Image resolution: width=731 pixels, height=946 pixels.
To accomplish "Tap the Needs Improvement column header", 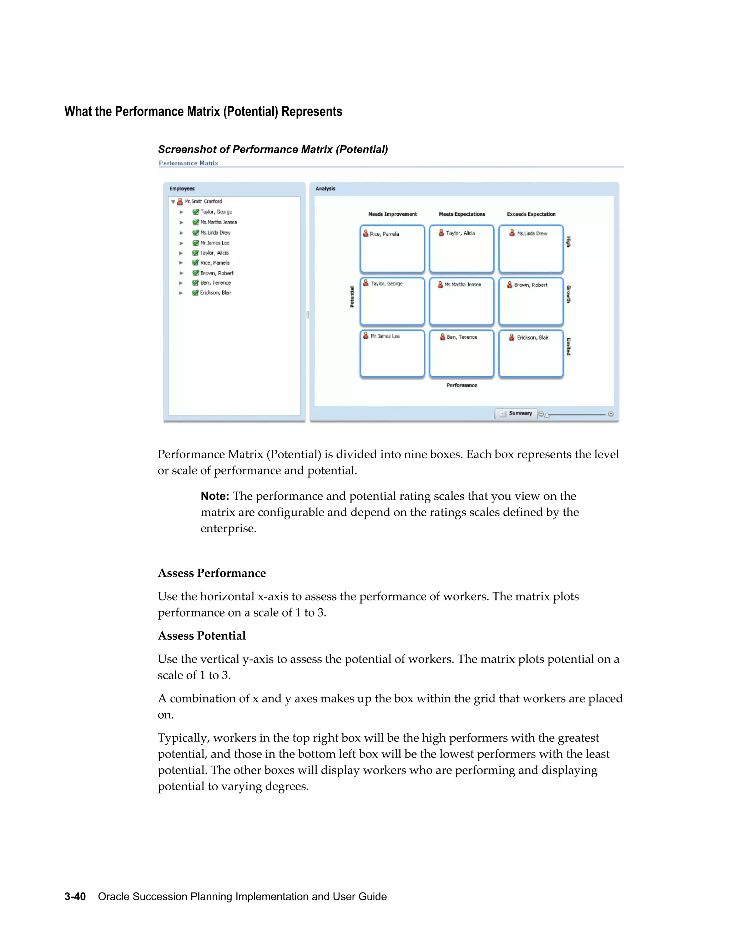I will point(392,214).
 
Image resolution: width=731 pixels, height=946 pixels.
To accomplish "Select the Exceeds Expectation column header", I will point(531,214).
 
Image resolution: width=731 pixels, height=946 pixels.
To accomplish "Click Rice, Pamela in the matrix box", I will point(384,234).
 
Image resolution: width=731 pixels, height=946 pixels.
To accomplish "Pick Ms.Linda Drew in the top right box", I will point(531,233).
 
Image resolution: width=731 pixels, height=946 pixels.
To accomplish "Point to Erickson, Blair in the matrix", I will point(532,337).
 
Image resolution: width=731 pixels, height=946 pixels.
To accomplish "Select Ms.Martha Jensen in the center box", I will point(462,285).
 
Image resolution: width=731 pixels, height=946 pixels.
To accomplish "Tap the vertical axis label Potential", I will point(352,297).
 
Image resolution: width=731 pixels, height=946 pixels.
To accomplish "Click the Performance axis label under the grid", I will point(462,385).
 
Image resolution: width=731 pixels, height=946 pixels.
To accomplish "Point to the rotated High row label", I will point(569,242).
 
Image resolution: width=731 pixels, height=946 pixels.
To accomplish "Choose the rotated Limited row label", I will point(569,347).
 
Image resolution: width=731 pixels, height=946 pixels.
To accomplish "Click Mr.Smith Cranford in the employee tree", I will point(203,201).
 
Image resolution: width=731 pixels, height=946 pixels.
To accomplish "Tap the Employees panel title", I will point(182,189).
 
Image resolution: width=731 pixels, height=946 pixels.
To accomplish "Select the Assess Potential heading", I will point(201,635).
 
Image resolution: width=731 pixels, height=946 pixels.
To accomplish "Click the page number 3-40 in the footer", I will point(75,897).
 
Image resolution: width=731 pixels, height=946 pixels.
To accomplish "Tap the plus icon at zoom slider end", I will point(611,414).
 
